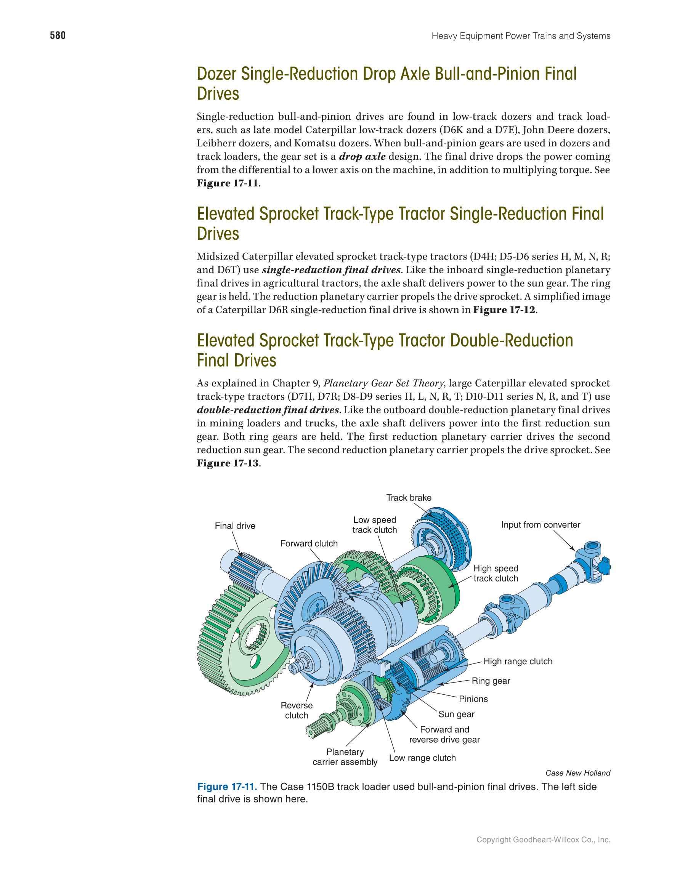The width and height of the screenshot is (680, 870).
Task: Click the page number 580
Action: click(58, 35)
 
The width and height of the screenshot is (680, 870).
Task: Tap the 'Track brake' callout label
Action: click(409, 498)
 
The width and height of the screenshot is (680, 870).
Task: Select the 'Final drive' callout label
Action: click(235, 526)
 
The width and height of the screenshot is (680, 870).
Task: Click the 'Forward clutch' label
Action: click(309, 543)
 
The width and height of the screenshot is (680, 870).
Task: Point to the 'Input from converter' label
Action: click(540, 525)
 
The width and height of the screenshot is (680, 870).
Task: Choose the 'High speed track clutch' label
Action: click(496, 573)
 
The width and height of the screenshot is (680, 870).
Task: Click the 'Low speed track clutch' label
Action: click(374, 525)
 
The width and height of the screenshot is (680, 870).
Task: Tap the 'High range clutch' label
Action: click(518, 661)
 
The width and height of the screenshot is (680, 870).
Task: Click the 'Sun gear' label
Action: click(457, 714)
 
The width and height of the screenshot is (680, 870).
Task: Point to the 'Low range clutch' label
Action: click(422, 758)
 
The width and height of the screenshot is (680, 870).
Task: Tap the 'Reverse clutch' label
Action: click(297, 710)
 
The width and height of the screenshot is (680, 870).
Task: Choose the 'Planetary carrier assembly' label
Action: click(345, 757)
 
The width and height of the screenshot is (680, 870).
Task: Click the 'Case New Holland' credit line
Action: click(577, 773)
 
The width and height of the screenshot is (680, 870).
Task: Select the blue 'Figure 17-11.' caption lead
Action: click(227, 787)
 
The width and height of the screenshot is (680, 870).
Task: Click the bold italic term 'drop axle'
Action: click(362, 156)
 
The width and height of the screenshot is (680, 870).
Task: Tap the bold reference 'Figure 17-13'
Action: click(228, 463)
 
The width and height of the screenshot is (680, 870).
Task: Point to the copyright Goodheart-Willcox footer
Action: click(544, 840)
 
